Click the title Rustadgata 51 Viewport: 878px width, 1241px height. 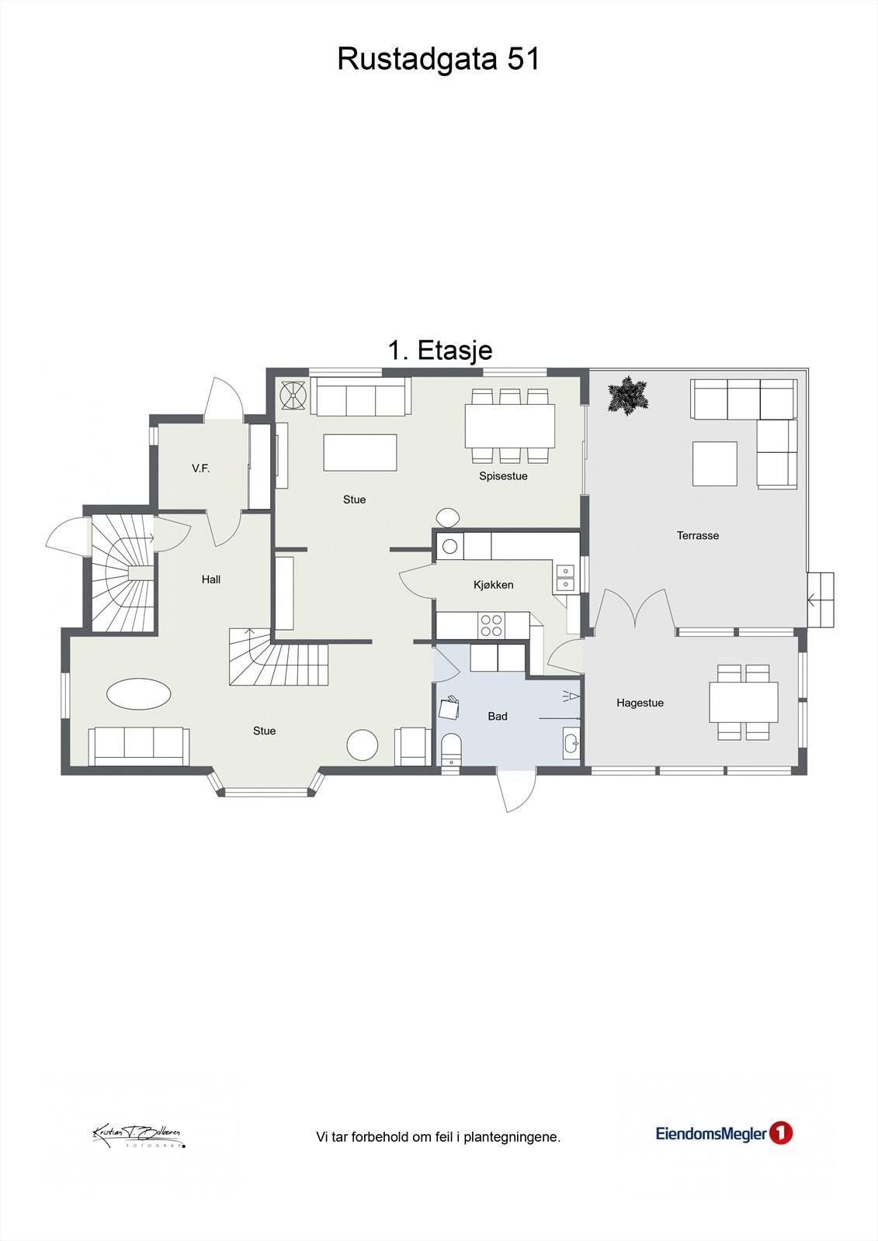(438, 59)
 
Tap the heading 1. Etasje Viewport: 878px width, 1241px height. (439, 350)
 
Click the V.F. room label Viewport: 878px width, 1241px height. (200, 468)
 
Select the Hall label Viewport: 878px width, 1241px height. (211, 579)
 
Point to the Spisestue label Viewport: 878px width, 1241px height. (503, 476)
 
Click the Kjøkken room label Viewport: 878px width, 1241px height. (493, 585)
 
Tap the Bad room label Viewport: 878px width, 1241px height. (498, 716)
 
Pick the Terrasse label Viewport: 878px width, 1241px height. (697, 535)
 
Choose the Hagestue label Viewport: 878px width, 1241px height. (640, 703)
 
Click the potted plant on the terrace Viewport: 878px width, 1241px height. (627, 396)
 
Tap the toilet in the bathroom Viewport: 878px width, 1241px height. (451, 750)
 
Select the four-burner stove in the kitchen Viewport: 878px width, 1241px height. (491, 624)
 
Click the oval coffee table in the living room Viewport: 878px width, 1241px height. (138, 693)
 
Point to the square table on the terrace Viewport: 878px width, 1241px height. (714, 464)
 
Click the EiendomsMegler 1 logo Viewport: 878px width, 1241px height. (724, 1133)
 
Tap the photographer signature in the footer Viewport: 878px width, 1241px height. (138, 1136)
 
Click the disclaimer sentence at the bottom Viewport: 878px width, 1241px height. (438, 1137)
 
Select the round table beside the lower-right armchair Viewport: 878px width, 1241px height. (362, 745)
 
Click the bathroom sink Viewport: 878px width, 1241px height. (571, 743)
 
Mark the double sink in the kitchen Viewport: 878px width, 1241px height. (565, 577)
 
